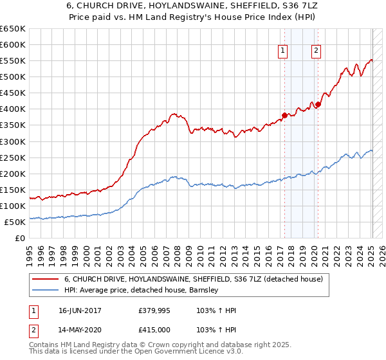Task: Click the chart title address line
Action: pyautogui.click(x=193, y=7)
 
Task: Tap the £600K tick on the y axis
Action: pyautogui.click(x=13, y=45)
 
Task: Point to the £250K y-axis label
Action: pyautogui.click(x=13, y=157)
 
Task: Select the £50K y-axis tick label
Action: pyautogui.click(x=15, y=222)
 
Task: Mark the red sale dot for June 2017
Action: pyautogui.click(x=284, y=115)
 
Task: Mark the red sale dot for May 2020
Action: pyautogui.click(x=318, y=104)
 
